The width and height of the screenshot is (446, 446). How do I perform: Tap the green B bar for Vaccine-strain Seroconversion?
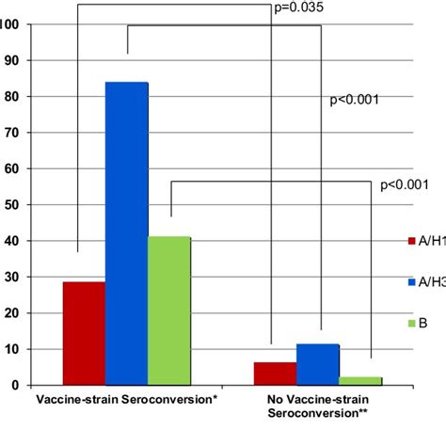(169, 311)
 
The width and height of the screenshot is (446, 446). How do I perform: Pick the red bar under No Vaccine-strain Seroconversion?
(275, 374)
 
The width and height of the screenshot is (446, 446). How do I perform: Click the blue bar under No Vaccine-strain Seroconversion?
(318, 365)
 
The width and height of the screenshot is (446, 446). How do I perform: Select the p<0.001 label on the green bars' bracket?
(404, 184)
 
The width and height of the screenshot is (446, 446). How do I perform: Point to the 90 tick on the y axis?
(12, 60)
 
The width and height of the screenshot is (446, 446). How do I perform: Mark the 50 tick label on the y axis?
(12, 204)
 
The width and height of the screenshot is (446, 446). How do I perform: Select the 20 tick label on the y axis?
(12, 313)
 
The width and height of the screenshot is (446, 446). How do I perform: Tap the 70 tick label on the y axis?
(12, 133)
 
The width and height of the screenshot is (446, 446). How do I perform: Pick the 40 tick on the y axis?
(12, 241)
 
